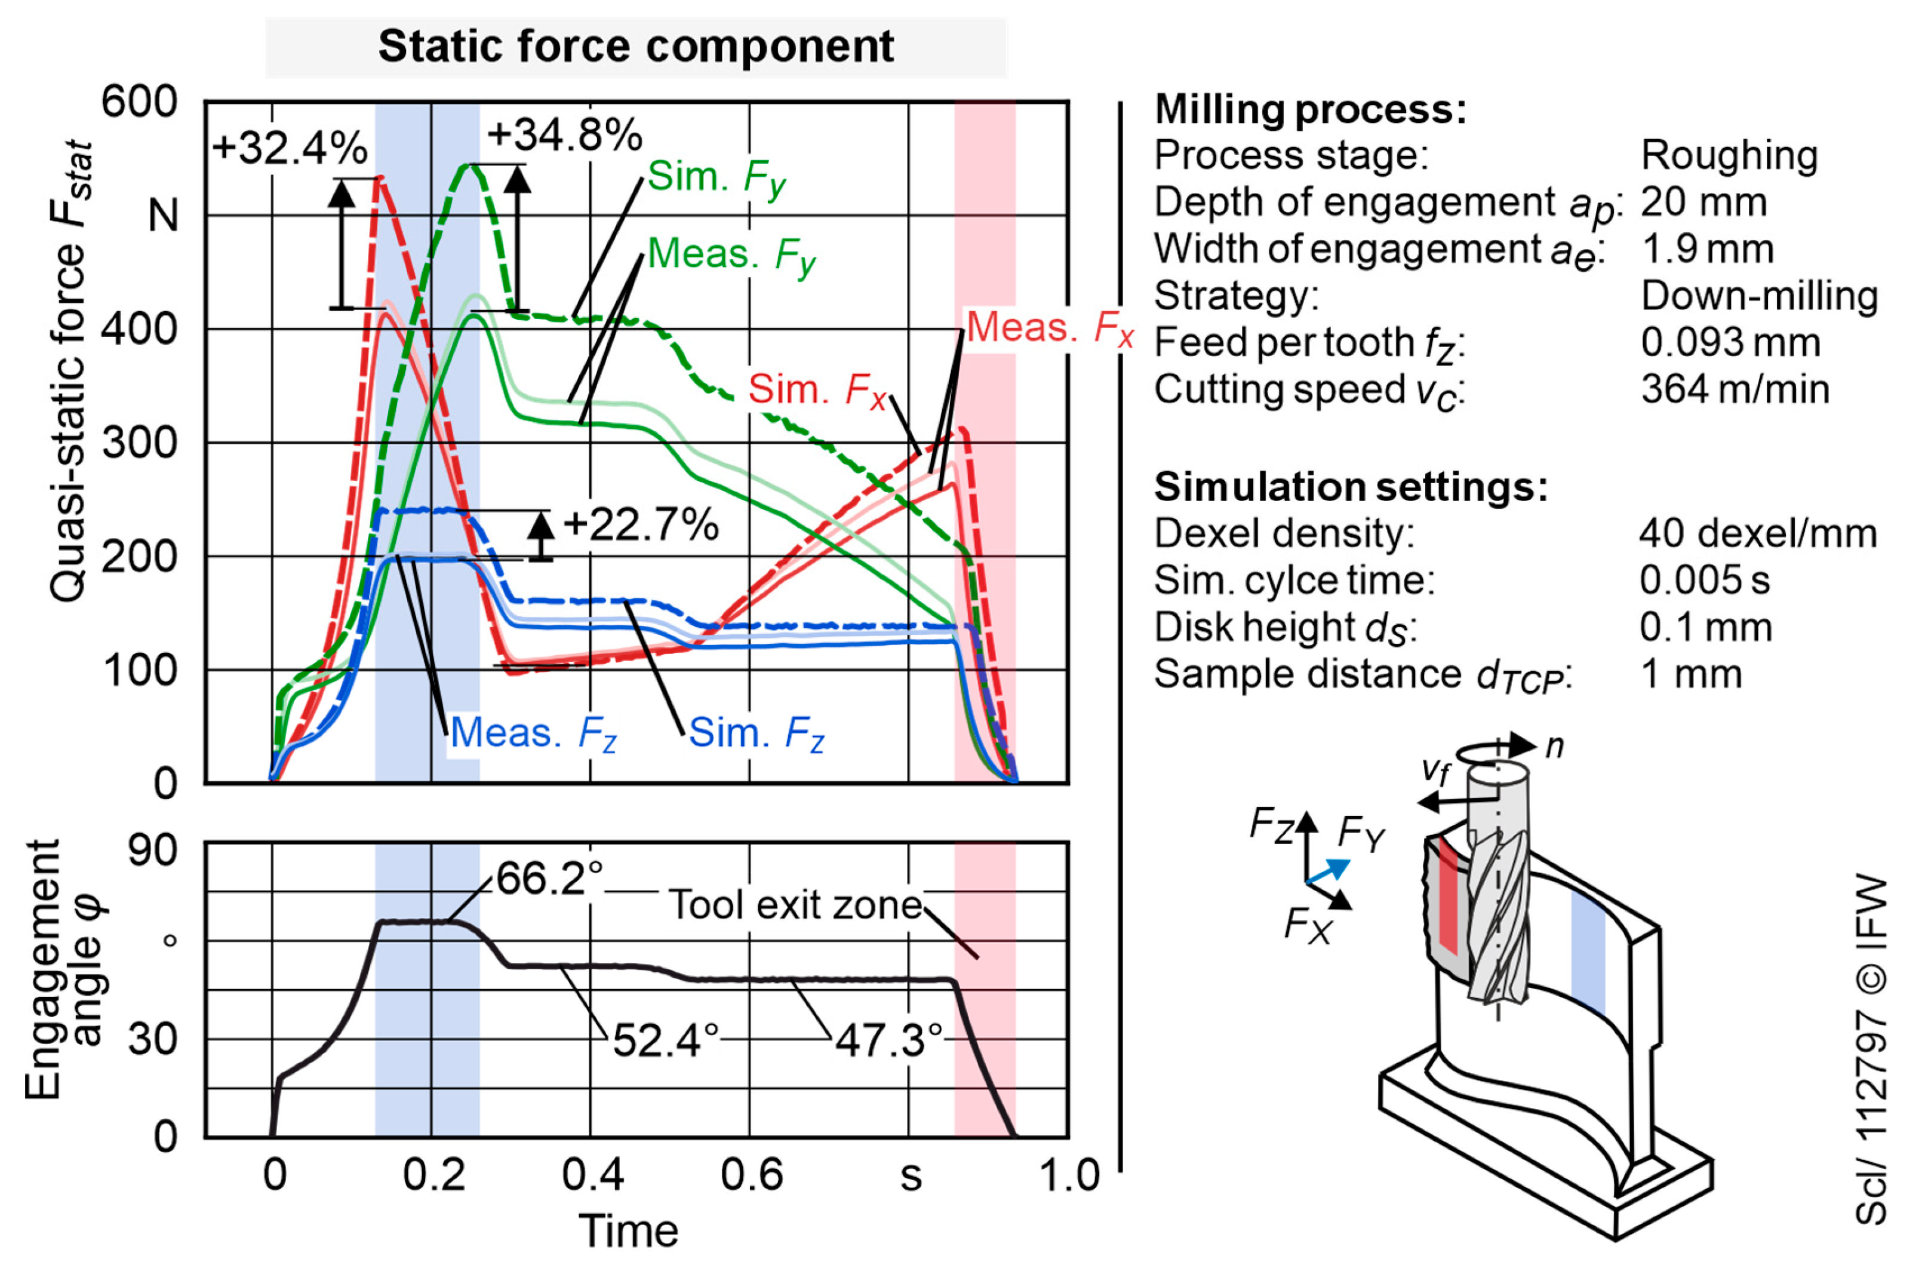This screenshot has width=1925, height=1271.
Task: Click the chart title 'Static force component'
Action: click(x=636, y=46)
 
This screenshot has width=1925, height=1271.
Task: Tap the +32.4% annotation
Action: click(x=289, y=148)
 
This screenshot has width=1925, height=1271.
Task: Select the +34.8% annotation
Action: click(x=565, y=134)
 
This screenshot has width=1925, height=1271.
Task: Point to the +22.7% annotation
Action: click(x=641, y=524)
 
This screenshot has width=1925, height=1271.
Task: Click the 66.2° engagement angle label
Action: click(x=549, y=878)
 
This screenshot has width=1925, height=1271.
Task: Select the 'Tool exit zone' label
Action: click(x=795, y=905)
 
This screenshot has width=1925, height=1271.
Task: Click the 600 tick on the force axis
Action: click(x=139, y=102)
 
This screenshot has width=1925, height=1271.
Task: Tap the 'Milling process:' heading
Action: click(x=1310, y=109)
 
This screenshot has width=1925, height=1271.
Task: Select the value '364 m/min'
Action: click(x=1735, y=389)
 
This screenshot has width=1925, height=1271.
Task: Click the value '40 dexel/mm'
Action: click(x=1758, y=533)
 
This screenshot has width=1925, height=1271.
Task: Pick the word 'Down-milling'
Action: click(x=1760, y=296)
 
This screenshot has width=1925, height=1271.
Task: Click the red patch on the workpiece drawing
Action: click(x=1448, y=896)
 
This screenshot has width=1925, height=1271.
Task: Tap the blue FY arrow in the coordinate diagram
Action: click(x=1329, y=871)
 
